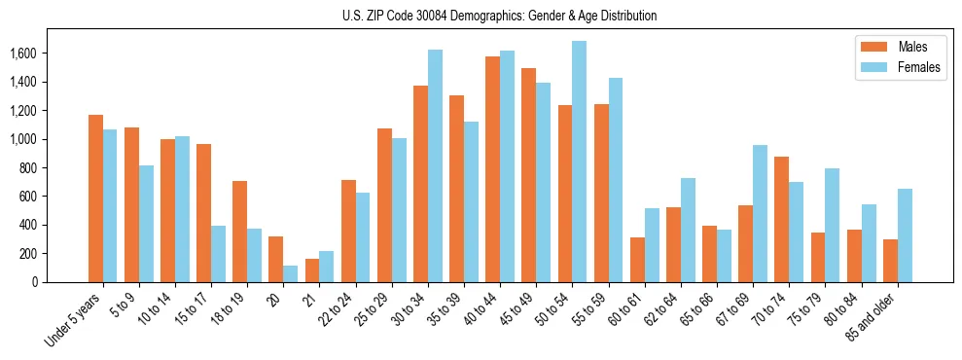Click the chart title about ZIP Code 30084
pyautogui.click(x=500, y=16)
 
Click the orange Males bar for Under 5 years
pyautogui.click(x=95, y=198)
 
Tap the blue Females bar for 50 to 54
pyautogui.click(x=579, y=162)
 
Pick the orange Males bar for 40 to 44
pyautogui.click(x=492, y=169)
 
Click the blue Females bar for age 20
pyautogui.click(x=291, y=273)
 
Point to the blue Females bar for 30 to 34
pyautogui.click(x=435, y=165)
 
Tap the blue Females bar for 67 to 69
pyautogui.click(x=760, y=213)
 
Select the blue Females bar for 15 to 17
pyautogui.click(x=219, y=254)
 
